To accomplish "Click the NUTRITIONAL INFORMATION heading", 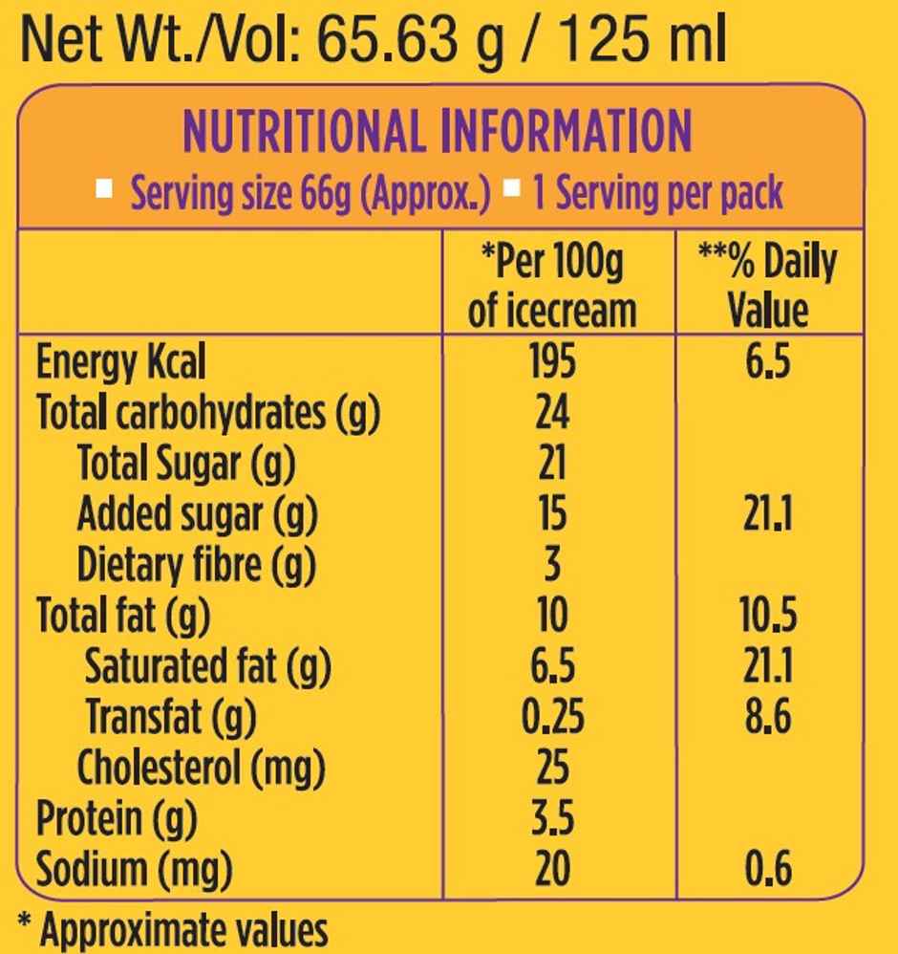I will coord(437,132).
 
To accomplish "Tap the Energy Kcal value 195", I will coord(552,361).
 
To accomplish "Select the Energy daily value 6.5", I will coord(769,361).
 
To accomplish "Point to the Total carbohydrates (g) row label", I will coord(208,413).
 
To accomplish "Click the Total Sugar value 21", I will coord(552,464).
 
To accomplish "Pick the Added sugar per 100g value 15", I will coord(552,514).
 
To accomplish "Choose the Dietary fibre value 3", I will coord(552,565).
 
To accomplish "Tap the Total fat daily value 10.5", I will coord(769,616).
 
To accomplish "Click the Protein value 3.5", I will coord(552,818).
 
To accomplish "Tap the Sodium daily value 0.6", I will coord(769,869).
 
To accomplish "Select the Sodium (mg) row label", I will coord(134,869).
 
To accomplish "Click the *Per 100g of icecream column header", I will coord(552,285).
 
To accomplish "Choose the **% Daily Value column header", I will coord(769,285).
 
